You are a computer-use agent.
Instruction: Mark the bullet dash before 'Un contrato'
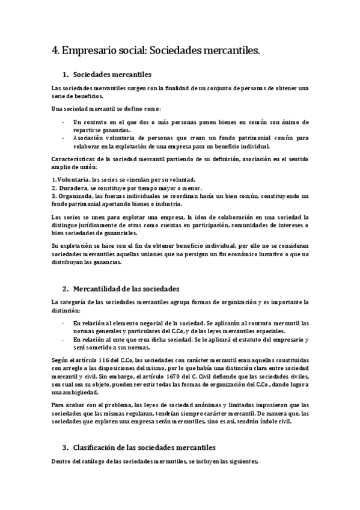coord(64,122)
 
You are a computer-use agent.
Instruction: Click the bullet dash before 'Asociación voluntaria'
coord(64,138)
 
